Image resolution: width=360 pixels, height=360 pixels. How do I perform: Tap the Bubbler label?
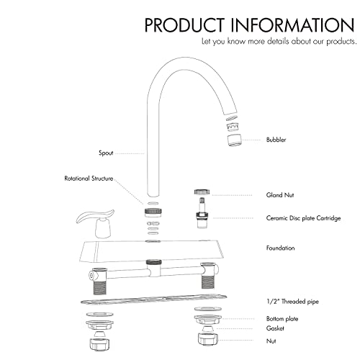[276, 139]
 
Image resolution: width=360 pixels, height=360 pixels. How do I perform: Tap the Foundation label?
[281, 248]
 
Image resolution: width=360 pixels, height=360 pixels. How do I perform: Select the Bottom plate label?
[282, 318]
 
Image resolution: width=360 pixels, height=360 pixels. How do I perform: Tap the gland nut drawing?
[203, 193]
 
